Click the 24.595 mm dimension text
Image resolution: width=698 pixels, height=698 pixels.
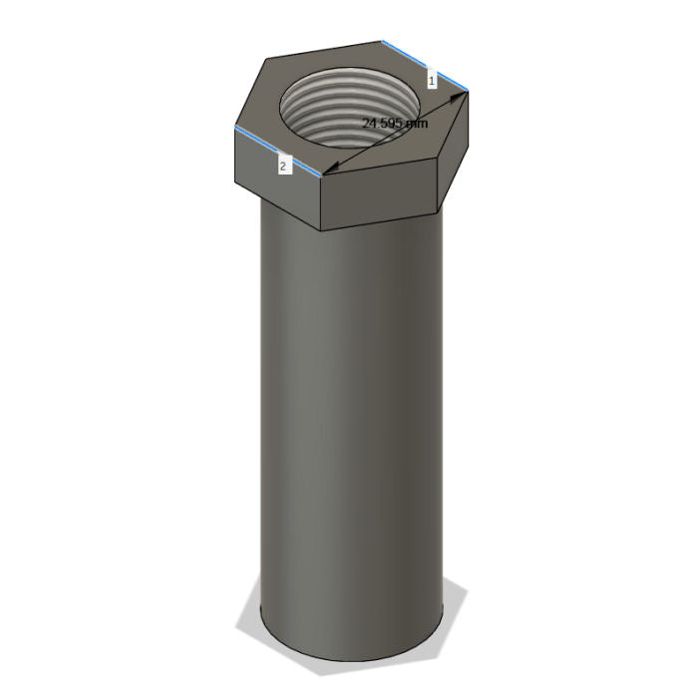point(395,123)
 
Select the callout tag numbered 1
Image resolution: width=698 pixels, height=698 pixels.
point(432,81)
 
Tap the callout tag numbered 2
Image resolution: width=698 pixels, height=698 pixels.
point(285,167)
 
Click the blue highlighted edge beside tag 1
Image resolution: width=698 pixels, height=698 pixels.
point(425,66)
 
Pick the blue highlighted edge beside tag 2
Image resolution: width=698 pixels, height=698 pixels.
point(278,151)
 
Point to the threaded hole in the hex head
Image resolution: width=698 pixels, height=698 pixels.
point(349,106)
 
